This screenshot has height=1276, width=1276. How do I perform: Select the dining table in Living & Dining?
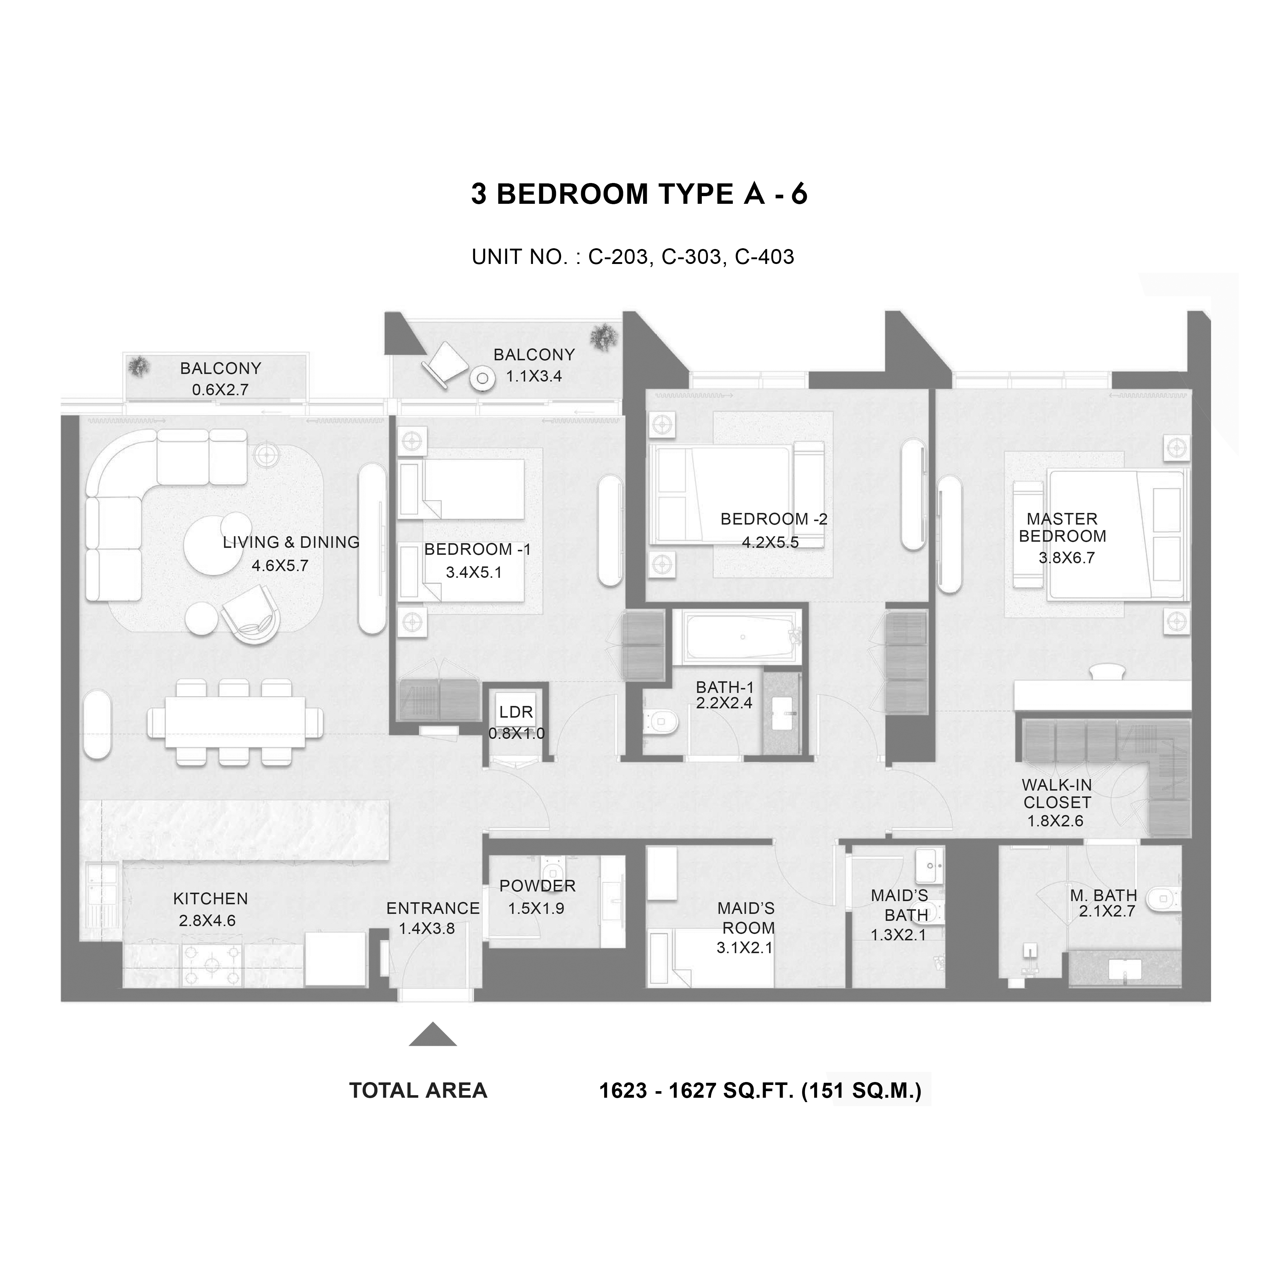235,722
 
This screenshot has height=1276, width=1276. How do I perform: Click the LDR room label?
516,712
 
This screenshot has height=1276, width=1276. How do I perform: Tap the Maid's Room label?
746,918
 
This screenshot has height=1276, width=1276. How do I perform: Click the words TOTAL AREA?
418,1090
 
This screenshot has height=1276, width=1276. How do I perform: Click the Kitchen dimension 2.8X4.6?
207,921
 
